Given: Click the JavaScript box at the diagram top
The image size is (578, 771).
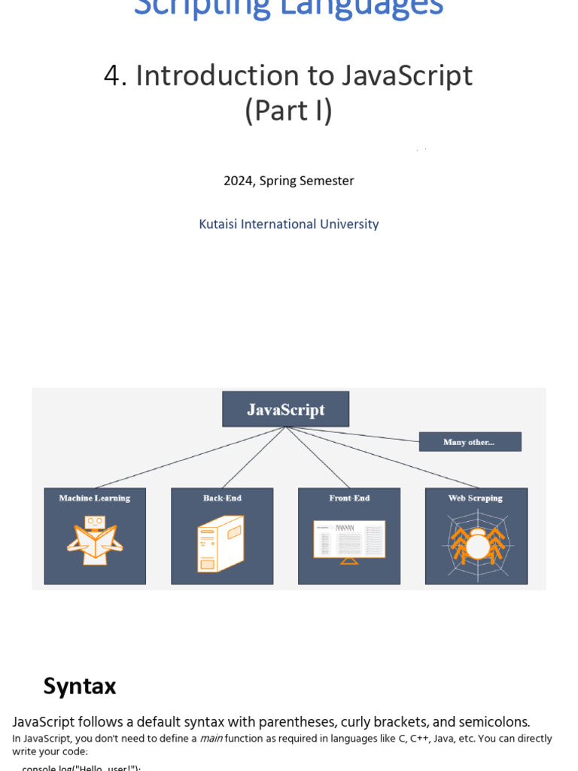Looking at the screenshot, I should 285,410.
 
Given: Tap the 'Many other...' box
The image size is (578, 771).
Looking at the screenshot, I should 470,442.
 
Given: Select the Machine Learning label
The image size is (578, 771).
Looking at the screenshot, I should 95,498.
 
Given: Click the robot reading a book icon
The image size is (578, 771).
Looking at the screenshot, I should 95,540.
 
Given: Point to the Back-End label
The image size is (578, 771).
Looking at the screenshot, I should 222,498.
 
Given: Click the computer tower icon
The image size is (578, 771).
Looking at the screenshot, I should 220,544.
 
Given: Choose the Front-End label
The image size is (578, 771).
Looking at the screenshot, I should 349,498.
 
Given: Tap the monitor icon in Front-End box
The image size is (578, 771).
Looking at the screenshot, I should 349,541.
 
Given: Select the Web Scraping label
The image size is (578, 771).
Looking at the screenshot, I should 476,498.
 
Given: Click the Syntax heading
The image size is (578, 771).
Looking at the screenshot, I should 80,686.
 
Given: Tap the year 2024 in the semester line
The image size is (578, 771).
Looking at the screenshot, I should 239,181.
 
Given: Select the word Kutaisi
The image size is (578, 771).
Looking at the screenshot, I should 218,224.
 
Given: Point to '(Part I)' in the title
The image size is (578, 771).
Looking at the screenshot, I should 289,111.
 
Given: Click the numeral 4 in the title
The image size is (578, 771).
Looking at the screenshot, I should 113,76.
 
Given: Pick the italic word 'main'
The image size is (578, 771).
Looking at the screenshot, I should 211,739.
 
